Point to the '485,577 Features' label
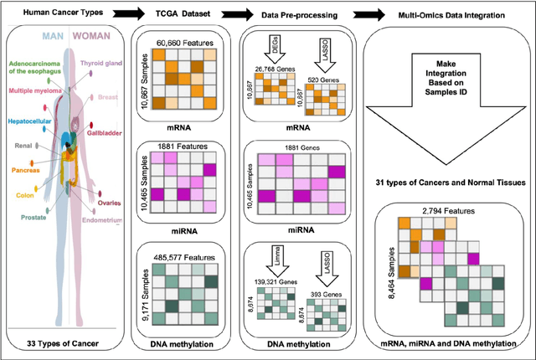(x=185, y=257)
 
